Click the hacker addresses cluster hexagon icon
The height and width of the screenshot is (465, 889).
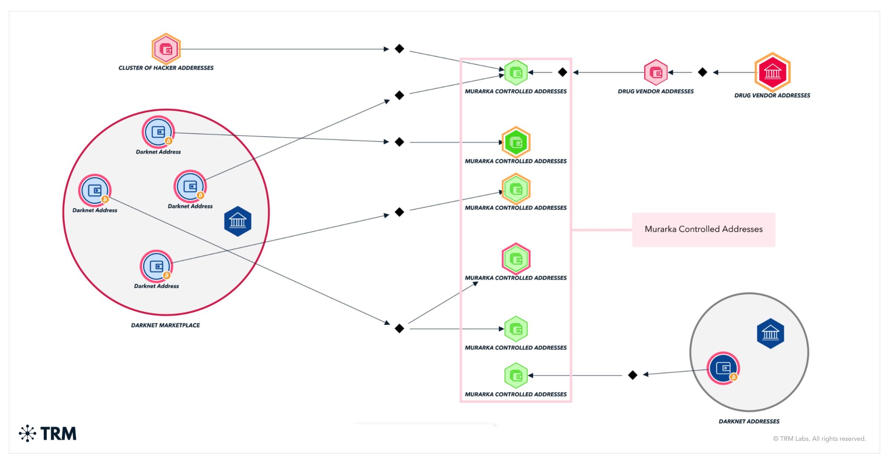click(166, 49)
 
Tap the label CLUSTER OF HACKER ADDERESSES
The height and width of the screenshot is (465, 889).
click(166, 68)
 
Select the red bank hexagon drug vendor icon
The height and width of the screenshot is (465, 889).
click(772, 72)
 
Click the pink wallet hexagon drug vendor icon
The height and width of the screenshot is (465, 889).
click(656, 73)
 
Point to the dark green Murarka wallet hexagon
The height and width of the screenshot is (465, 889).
click(516, 142)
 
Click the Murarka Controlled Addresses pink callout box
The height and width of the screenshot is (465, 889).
click(703, 230)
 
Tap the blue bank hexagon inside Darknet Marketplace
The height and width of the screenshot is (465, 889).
click(238, 221)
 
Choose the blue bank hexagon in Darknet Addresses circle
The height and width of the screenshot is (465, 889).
click(770, 334)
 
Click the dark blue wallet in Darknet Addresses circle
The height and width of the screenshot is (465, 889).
click(723, 368)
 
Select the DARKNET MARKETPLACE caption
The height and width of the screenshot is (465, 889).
click(165, 325)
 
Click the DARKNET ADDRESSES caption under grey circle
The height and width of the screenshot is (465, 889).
click(749, 421)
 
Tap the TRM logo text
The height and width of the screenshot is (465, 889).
click(59, 434)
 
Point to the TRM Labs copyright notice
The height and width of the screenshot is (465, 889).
click(819, 439)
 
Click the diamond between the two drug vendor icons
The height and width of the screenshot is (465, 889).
click(702, 72)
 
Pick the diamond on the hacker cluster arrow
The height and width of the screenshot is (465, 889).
click(399, 49)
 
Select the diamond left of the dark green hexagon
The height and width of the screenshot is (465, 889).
click(399, 142)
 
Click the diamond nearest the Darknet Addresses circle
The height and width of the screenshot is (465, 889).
click(633, 375)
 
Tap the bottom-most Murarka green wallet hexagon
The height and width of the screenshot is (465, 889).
click(516, 375)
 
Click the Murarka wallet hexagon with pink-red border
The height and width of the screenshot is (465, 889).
click(516, 259)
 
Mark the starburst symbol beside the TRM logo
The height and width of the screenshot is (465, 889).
click(27, 434)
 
